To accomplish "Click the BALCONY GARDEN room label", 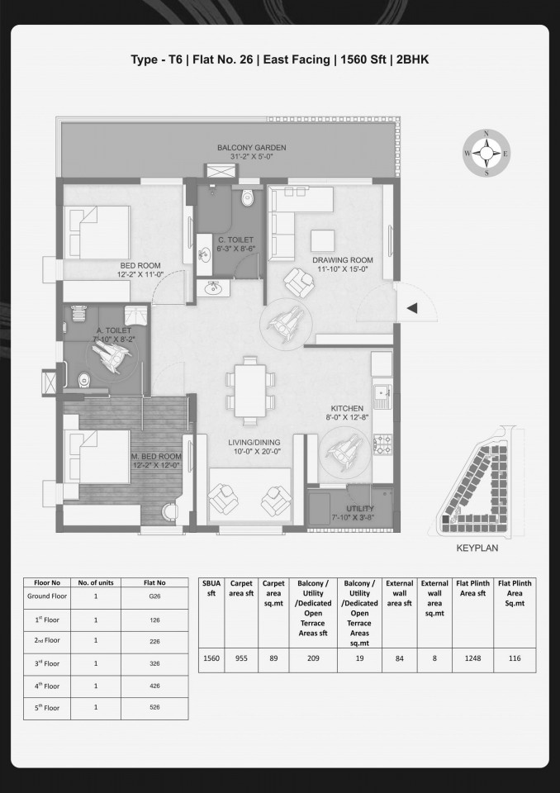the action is click(x=251, y=148).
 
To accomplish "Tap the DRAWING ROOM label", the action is click(x=343, y=260).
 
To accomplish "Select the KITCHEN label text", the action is click(x=347, y=409).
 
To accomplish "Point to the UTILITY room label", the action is click(x=360, y=508).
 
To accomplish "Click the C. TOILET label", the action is click(x=236, y=240).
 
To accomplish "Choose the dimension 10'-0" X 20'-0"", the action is click(x=254, y=452).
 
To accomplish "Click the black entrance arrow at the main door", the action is click(x=412, y=308).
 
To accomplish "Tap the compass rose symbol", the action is click(x=486, y=154).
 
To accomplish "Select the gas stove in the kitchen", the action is click(x=382, y=444).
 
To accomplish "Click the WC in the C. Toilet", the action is click(x=247, y=197).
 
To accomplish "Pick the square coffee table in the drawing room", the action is click(x=322, y=240).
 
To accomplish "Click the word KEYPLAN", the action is click(x=477, y=548).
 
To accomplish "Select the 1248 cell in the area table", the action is click(x=473, y=658).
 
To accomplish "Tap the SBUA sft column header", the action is click(x=211, y=588).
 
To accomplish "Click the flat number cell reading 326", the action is click(x=154, y=663).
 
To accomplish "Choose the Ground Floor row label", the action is click(x=47, y=596).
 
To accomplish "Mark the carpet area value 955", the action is click(x=241, y=658).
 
